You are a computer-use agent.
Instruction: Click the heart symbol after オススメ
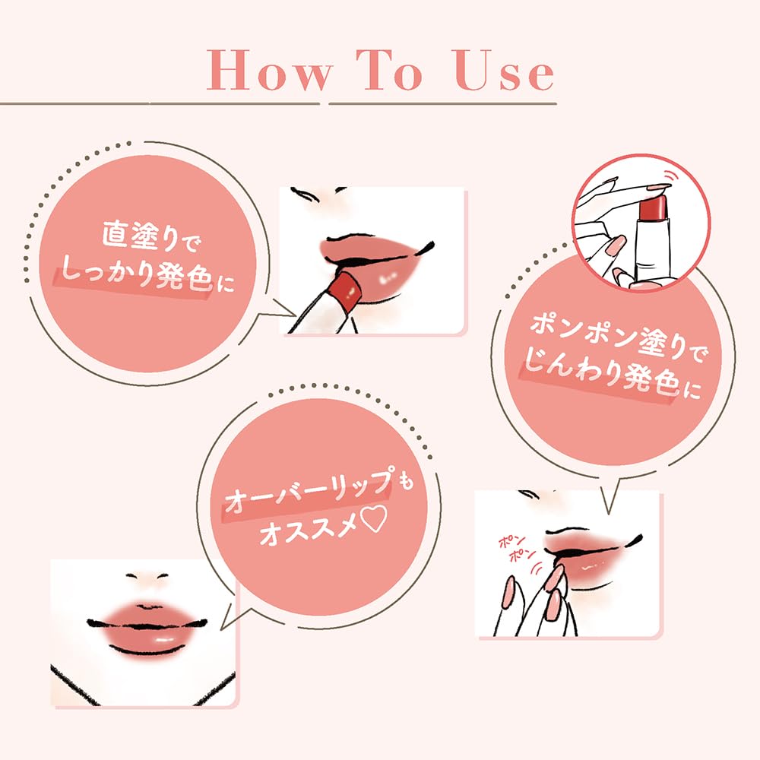click(x=375, y=528)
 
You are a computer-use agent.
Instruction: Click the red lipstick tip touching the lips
click(x=347, y=290)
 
